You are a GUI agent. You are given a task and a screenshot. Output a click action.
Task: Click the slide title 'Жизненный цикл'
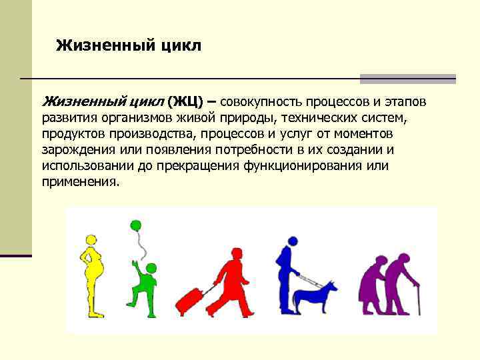pos(129,45)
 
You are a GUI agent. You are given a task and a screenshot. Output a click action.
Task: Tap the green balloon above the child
pos(137,226)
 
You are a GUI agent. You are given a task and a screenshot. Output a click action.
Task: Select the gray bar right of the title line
pos(407,79)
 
